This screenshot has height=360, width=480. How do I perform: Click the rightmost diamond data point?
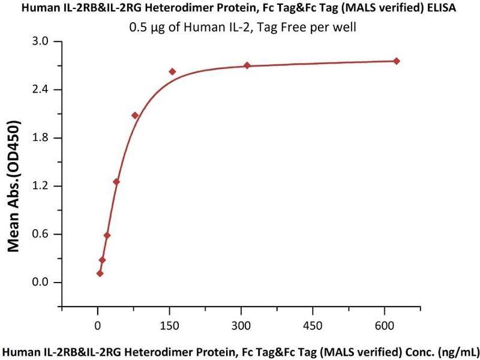[396, 61]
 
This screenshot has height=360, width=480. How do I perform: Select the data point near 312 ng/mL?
[247, 65]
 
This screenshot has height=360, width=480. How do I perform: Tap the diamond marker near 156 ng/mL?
[172, 71]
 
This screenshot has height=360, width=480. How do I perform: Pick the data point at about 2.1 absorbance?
[135, 115]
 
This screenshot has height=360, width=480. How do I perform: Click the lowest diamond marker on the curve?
[100, 274]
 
